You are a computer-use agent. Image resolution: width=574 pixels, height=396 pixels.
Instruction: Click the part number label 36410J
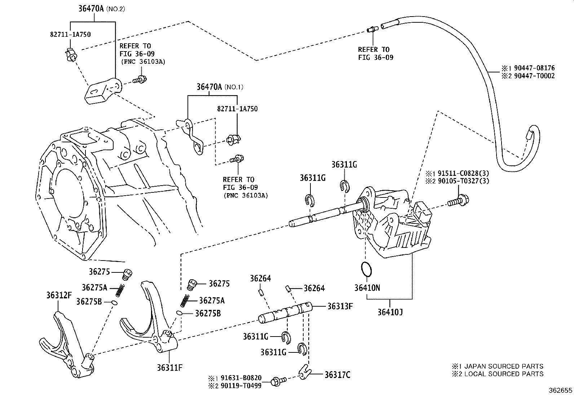pos(390,312)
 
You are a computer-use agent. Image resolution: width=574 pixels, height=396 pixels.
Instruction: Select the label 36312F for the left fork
pos(59,295)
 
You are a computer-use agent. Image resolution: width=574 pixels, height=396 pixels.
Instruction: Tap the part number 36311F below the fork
pos(169,368)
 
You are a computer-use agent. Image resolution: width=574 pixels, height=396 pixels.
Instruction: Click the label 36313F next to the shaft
pos(340,306)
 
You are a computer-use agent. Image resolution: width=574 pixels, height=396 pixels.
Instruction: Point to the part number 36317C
pos(337,375)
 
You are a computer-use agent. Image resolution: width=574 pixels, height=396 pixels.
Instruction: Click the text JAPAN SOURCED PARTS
pos(503,366)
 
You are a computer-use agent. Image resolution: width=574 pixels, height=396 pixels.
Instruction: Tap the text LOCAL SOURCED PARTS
pos(504,374)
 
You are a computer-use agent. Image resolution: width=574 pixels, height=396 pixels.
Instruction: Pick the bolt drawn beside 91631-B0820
pos(279,380)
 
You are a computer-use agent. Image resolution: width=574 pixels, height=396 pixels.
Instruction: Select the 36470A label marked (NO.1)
pos(210,87)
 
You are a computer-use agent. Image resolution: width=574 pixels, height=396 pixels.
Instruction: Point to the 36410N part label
pos(367,288)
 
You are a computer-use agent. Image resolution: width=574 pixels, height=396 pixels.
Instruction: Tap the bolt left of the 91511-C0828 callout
pos(457,202)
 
